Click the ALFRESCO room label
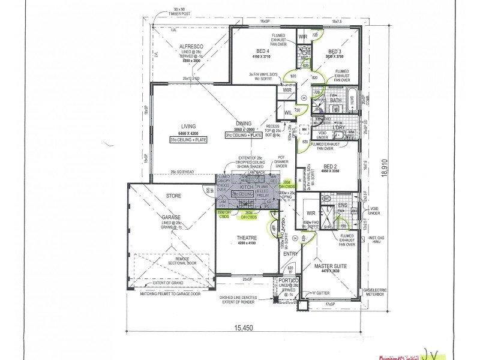pos(193,46)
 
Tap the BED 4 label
pos(262,50)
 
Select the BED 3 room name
pos(335,51)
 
